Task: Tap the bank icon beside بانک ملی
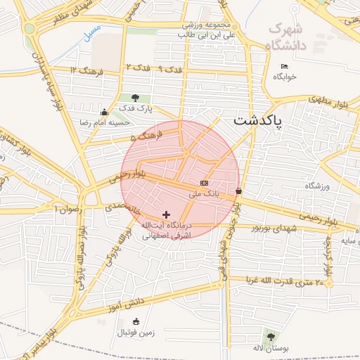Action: [204, 183]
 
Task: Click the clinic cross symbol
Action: [166, 214]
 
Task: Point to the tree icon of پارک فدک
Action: [135, 98]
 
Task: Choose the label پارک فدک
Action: [135, 108]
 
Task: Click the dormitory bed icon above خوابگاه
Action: [284, 67]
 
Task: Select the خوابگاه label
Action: [285, 77]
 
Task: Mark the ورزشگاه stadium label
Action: [318, 186]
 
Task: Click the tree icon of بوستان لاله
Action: [271, 337]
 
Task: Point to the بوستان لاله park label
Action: [271, 348]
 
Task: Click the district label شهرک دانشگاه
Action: [288, 37]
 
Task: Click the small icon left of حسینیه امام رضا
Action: [105, 112]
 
